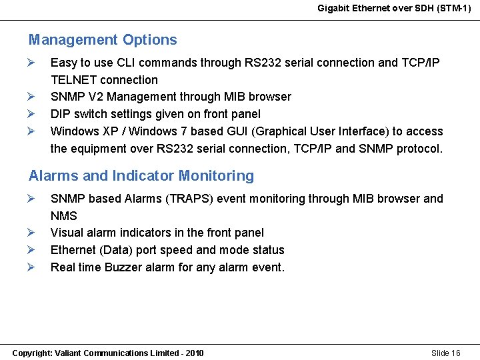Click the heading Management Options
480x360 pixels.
(x=103, y=40)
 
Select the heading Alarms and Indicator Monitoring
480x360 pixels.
(x=141, y=176)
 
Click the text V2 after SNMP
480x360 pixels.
(x=93, y=97)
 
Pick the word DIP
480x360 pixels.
(x=61, y=114)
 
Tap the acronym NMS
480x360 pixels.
(x=64, y=216)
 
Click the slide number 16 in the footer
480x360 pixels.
(x=455, y=353)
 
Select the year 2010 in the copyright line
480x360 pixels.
(x=193, y=353)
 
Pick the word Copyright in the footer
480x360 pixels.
(x=31, y=353)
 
